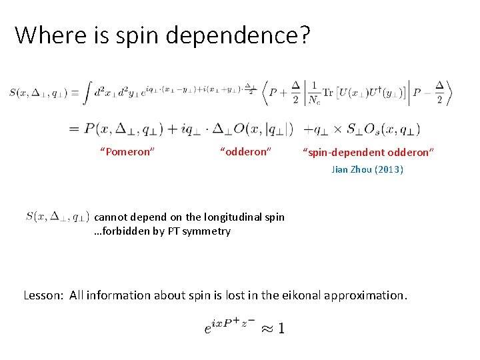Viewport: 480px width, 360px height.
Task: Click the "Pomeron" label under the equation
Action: tap(127, 152)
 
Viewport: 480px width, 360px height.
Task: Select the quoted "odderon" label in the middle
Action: tap(245, 152)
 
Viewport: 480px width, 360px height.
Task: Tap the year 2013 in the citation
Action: tap(389, 169)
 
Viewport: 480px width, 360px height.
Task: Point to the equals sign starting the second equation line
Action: tap(74, 128)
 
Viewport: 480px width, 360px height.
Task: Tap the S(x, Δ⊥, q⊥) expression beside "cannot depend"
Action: tap(58, 216)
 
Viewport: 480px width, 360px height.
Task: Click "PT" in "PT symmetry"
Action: tap(172, 231)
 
